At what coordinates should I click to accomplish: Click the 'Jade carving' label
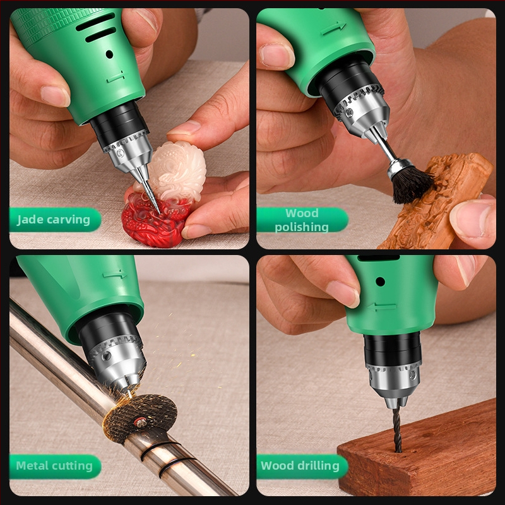point(54,220)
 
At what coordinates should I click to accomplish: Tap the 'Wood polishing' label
point(302,220)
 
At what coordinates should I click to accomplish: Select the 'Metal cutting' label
point(54,466)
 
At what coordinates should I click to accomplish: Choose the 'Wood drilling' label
point(300,466)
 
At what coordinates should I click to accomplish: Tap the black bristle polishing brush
point(411,185)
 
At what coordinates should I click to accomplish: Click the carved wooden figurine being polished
point(435,203)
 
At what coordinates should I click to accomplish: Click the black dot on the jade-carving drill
point(109,54)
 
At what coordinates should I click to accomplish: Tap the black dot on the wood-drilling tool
point(381,282)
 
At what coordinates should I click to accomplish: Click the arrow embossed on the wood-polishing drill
point(334,28)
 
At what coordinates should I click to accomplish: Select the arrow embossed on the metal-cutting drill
point(115,275)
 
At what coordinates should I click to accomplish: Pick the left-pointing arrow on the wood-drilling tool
point(382,307)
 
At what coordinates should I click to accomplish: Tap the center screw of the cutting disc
point(140,422)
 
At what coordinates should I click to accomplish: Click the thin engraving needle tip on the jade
point(160,213)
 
